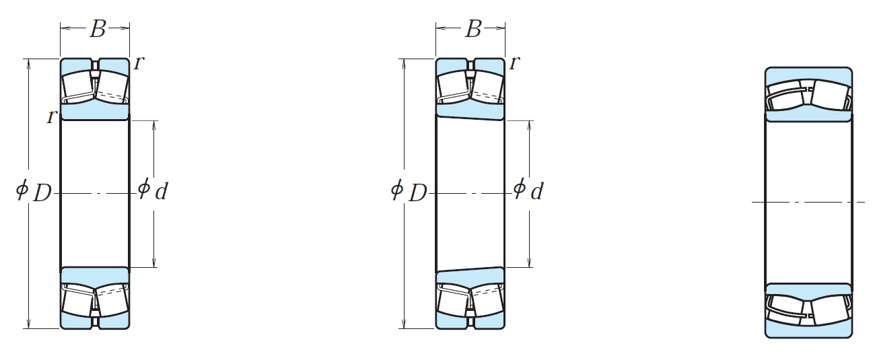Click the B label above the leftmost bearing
coord(97,29)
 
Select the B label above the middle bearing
coord(473,29)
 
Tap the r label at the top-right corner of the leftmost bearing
coord(138,63)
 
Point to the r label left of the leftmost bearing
coord(50,116)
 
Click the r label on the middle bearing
coord(514,63)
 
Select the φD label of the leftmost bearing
coord(34,192)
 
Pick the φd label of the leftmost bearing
coord(153,191)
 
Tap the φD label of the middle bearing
coord(409,192)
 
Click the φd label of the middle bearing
coord(528,191)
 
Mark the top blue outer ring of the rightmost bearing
coord(808,73)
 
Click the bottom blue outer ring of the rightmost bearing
coord(808,330)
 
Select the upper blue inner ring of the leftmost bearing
coord(95,112)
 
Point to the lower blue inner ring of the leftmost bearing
coord(95,275)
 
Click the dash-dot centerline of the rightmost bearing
coord(808,202)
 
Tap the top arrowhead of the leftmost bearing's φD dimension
coord(30,63)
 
